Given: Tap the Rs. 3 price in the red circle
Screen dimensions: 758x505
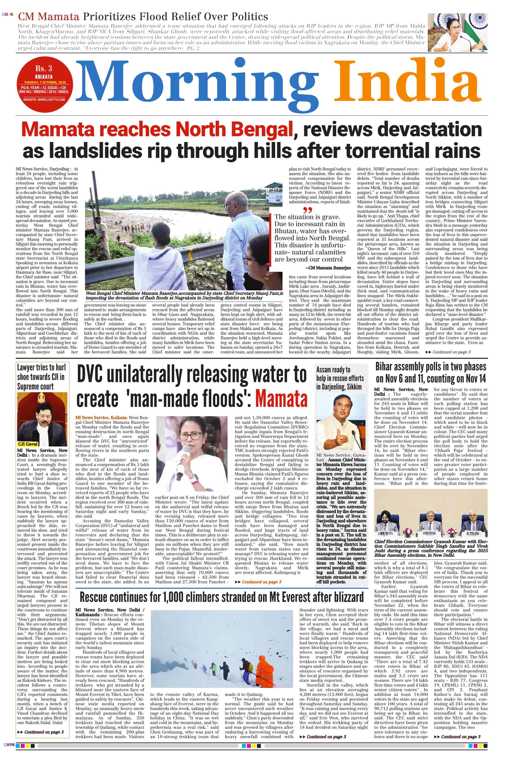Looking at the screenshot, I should [x=44, y=68].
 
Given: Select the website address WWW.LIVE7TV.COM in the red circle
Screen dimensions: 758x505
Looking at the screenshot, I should [x=44, y=99].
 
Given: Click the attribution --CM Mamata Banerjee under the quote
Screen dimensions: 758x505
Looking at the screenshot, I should [x=328, y=268].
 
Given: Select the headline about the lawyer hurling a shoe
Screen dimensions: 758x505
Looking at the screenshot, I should [x=41, y=377].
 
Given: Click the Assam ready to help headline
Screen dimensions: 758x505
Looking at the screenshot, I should [x=340, y=378].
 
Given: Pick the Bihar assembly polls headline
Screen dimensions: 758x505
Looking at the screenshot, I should [x=431, y=373].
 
